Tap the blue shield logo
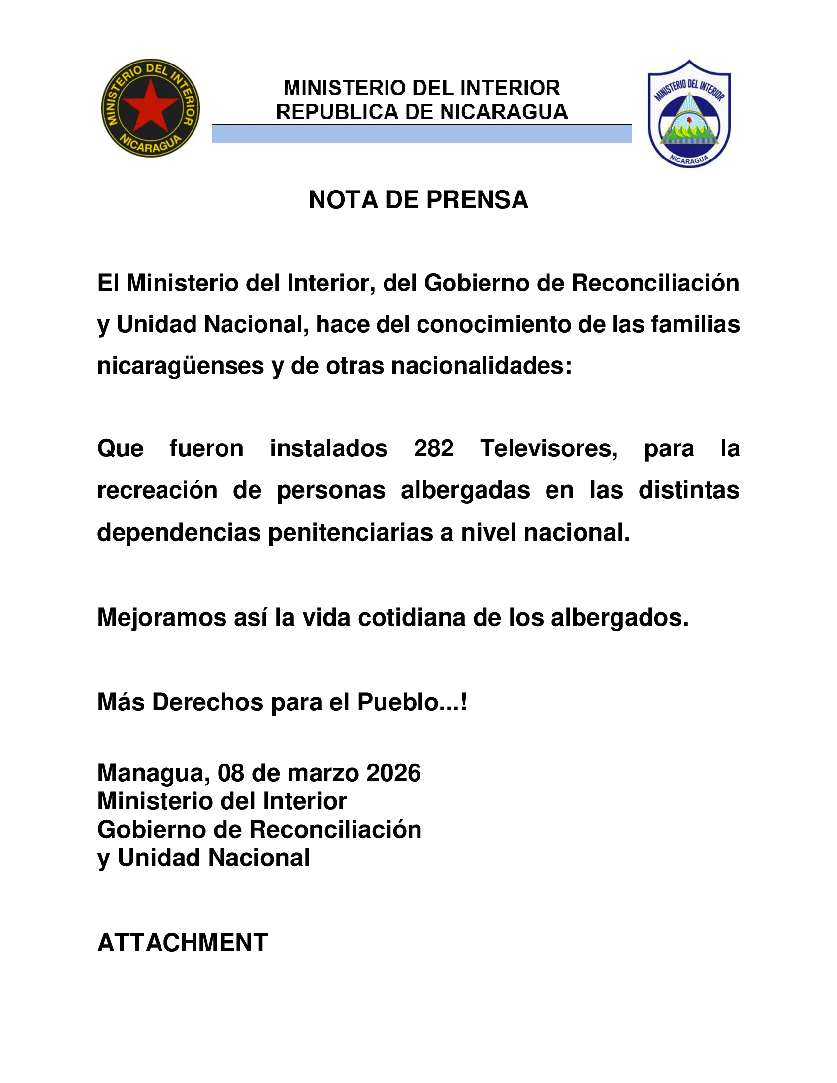[x=689, y=114]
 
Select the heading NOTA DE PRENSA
[x=418, y=200]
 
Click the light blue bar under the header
[x=421, y=134]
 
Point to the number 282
[x=433, y=448]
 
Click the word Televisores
[x=548, y=448]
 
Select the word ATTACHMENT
[x=183, y=943]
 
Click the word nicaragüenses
[x=181, y=366]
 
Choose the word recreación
[x=157, y=490]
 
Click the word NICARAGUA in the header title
[x=504, y=112]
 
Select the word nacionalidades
[x=481, y=366]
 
